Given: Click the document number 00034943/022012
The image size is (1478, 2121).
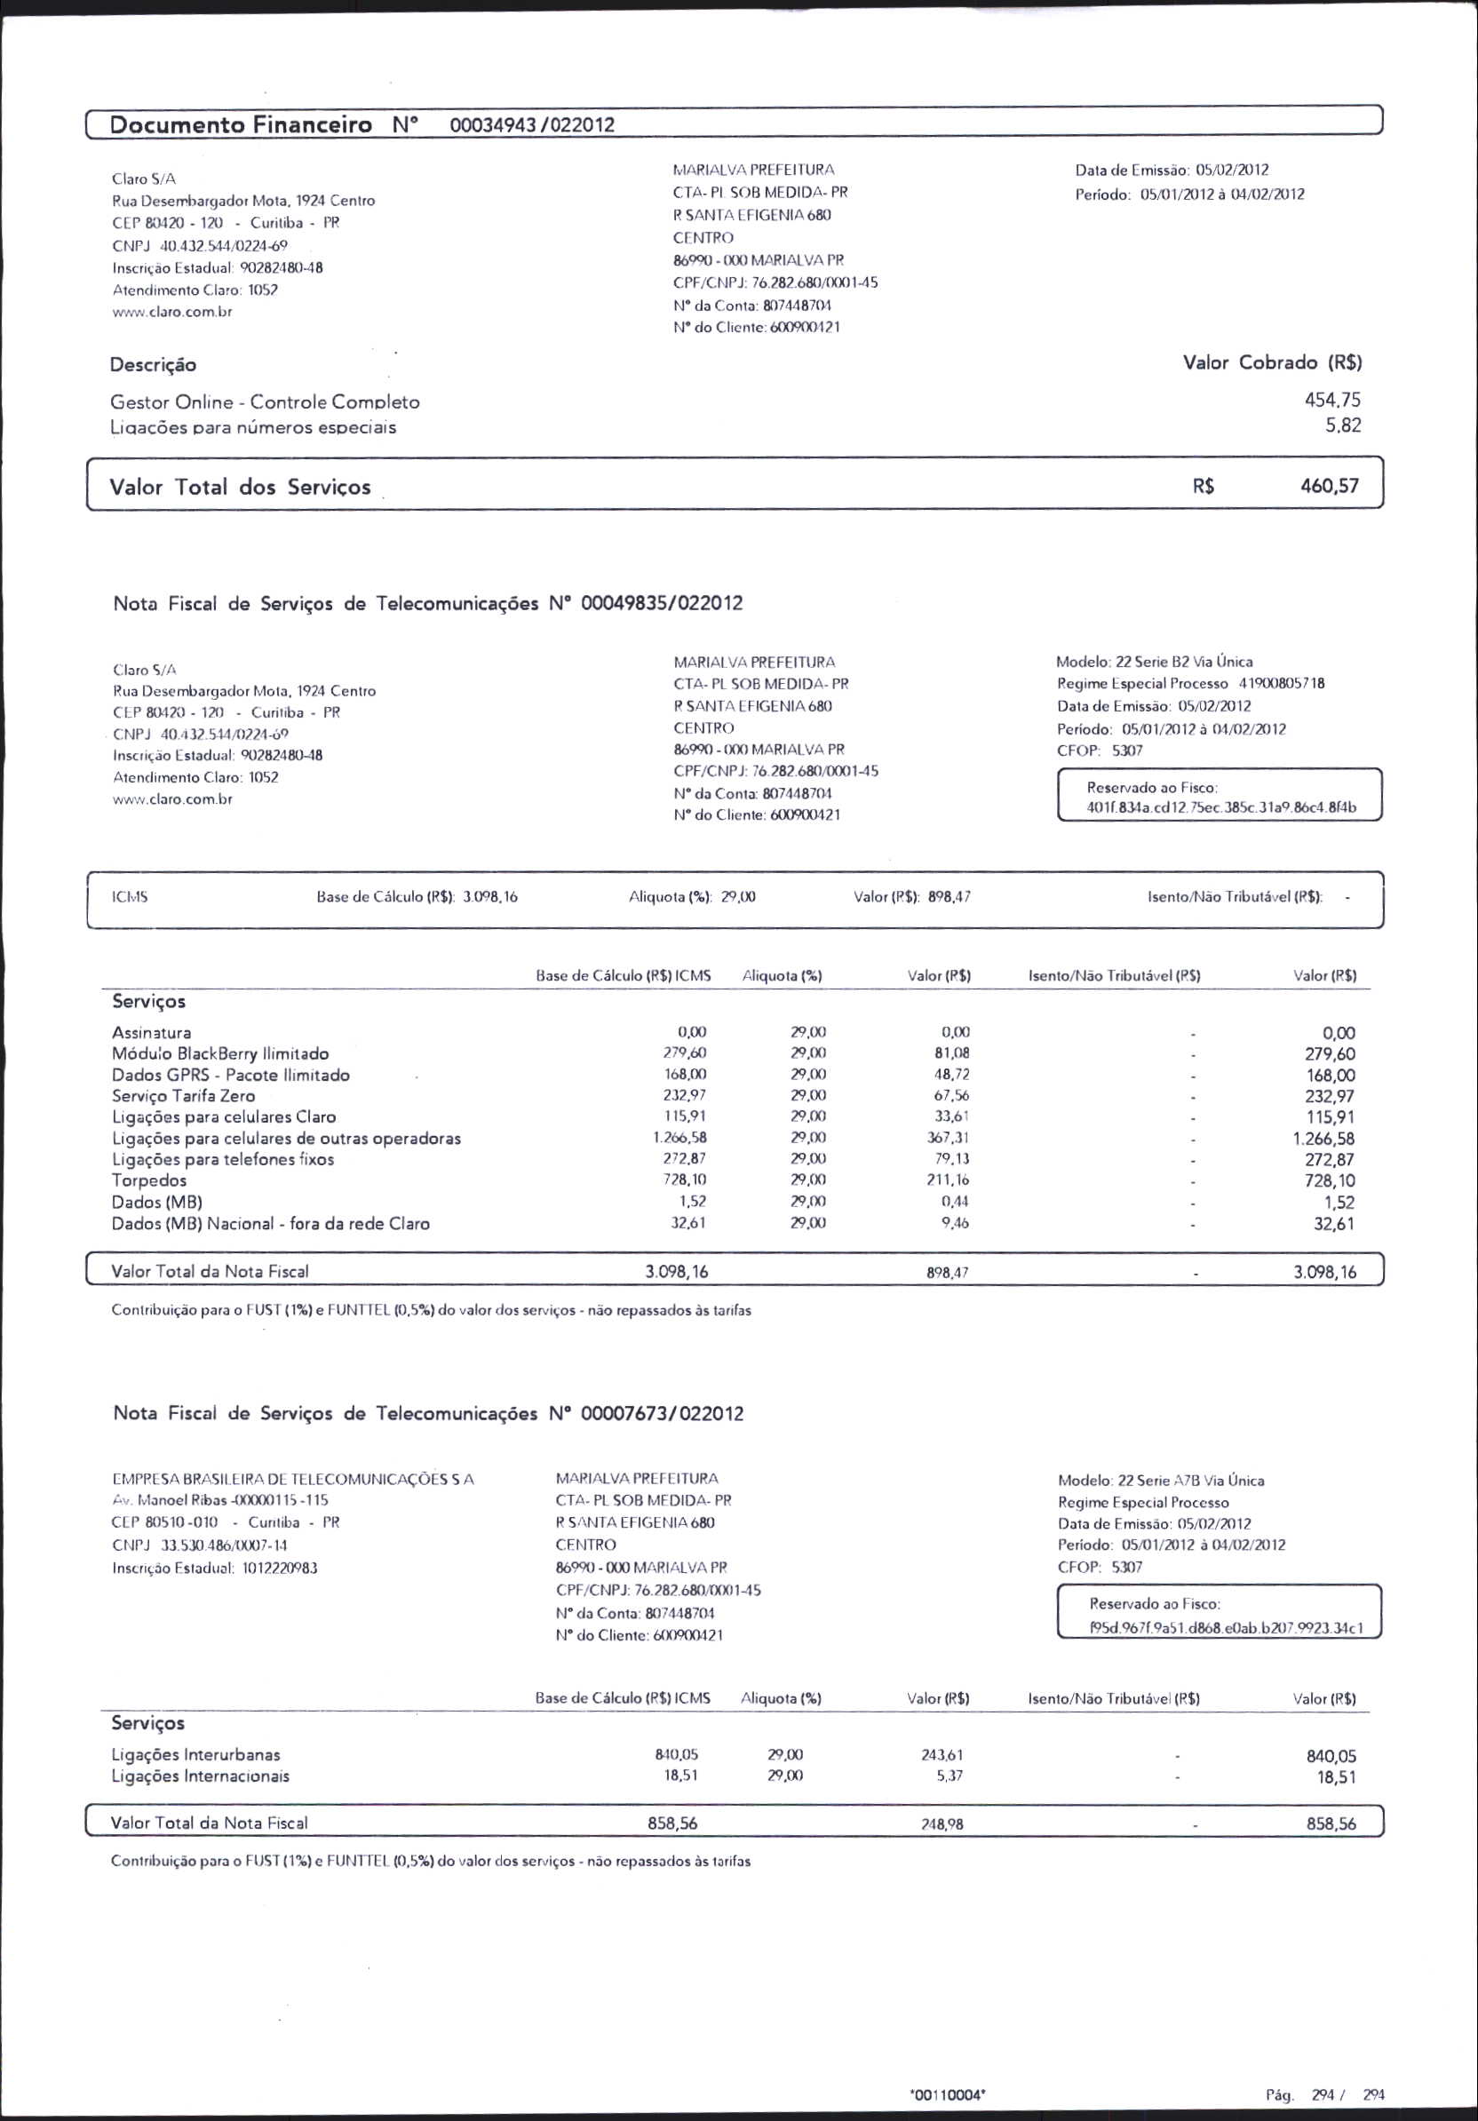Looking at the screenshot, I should pos(531,125).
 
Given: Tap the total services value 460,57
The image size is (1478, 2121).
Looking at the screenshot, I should pos(1330,486).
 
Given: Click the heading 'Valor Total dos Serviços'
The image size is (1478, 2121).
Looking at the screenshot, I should pos(240,487).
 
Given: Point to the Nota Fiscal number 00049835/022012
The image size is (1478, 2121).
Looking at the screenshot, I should pos(662,604).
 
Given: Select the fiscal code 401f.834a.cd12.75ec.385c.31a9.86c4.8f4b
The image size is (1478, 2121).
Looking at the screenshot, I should pos(1221,807).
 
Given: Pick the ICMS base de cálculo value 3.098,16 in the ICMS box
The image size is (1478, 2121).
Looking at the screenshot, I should pos(489,896).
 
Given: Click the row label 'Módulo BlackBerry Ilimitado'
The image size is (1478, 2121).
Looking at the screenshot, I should pos(220,1053).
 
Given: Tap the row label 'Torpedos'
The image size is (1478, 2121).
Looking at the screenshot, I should pos(148,1180).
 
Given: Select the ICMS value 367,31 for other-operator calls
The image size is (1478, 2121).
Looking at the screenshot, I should pos(948,1138).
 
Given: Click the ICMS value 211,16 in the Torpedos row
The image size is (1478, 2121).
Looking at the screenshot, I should pos(948,1180).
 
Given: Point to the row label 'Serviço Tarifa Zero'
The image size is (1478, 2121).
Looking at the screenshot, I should pos(183,1096).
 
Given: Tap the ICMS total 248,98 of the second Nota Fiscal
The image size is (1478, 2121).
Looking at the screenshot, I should pos(942,1823).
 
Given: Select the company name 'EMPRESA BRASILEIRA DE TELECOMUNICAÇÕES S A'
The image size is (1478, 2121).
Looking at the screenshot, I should pos(292,1479).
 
